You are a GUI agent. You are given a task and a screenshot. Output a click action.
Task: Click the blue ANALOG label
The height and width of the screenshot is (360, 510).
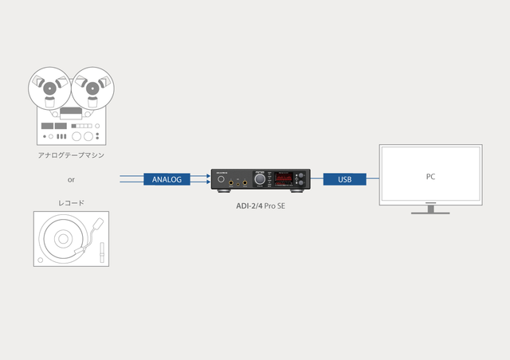tap(167, 179)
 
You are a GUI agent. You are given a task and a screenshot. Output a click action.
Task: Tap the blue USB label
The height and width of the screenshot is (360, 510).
tap(344, 179)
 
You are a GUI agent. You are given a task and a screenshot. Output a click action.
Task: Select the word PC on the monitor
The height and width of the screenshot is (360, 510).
tap(430, 176)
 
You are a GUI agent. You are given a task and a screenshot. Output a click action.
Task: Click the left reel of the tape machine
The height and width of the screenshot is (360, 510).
tap(49, 86)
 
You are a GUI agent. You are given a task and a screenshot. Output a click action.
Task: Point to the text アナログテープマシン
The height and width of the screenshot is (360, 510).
tap(70, 155)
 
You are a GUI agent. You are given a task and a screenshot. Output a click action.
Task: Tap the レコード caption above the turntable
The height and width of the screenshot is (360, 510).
tap(70, 202)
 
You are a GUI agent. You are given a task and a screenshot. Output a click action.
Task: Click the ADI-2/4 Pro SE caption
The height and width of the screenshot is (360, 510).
tap(260, 205)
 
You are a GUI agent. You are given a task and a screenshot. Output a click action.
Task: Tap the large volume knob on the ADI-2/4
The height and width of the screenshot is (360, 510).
tap(259, 182)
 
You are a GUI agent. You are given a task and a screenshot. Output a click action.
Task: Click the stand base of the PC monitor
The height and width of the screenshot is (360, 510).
tap(430, 212)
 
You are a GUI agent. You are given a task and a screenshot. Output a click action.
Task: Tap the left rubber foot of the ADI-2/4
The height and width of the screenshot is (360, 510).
tap(221, 194)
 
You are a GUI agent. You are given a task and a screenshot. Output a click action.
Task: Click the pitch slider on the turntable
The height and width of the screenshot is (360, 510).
tap(101, 253)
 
